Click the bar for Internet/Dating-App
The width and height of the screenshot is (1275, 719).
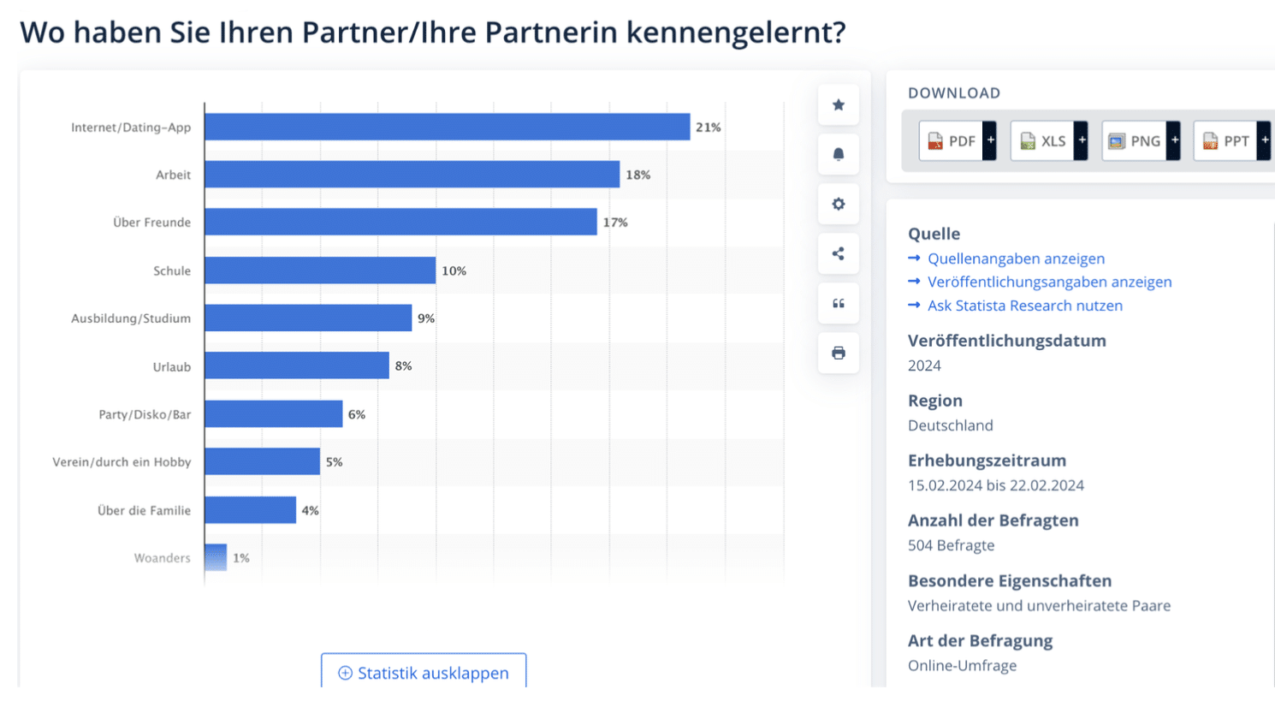pos(447,127)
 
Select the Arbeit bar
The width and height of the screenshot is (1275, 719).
pos(412,175)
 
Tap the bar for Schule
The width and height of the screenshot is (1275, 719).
pos(320,270)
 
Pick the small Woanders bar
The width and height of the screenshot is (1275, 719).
pos(216,557)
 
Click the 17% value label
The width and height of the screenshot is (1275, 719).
pos(615,223)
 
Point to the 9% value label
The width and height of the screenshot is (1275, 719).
pos(426,318)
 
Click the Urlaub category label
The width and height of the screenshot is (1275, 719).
pos(172,366)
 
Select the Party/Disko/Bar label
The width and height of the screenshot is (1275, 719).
pos(145,414)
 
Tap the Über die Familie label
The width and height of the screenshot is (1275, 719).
pos(144,510)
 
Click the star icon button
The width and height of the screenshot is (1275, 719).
pos(839,105)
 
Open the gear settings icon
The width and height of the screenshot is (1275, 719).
pos(839,204)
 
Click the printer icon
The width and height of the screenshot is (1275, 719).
pos(839,353)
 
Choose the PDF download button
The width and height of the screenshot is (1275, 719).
pos(958,141)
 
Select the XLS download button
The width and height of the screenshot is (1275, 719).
pos(1049,141)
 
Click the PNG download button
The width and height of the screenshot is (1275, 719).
pos(1141,141)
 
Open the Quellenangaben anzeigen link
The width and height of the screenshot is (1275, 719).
pos(1016,258)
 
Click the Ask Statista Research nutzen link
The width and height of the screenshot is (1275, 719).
pos(1024,306)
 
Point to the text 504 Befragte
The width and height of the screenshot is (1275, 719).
pos(952,545)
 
